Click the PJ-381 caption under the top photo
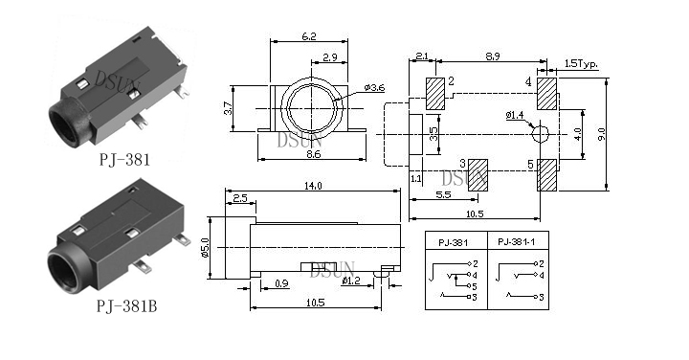(124, 159)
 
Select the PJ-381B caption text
(126, 306)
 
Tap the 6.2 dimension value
(309, 36)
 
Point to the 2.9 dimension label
(329, 56)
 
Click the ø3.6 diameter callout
(374, 88)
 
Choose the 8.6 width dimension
(312, 154)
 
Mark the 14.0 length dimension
(313, 186)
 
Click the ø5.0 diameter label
(205, 247)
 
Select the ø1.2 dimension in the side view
(351, 281)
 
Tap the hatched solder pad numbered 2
(435, 94)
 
